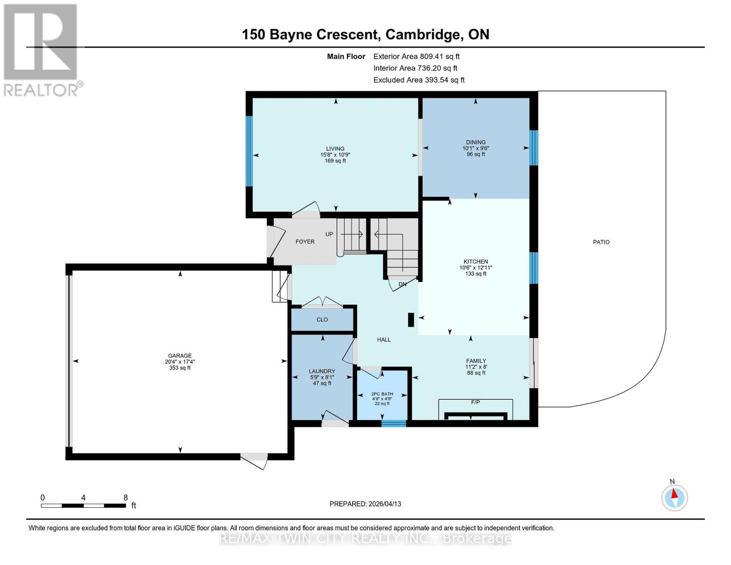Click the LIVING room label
[335, 149]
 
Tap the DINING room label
[475, 142]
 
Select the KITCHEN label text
[475, 261]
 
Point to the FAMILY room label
[475, 361]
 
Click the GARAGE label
[180, 356]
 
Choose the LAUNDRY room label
[322, 371]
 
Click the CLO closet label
[322, 320]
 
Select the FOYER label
[305, 242]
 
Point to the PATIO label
[601, 242]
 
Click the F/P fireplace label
[475, 403]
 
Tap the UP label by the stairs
[329, 234]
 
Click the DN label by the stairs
[402, 284]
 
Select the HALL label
[384, 339]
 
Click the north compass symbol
[675, 497]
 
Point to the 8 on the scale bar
[126, 498]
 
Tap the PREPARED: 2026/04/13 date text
[365, 504]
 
